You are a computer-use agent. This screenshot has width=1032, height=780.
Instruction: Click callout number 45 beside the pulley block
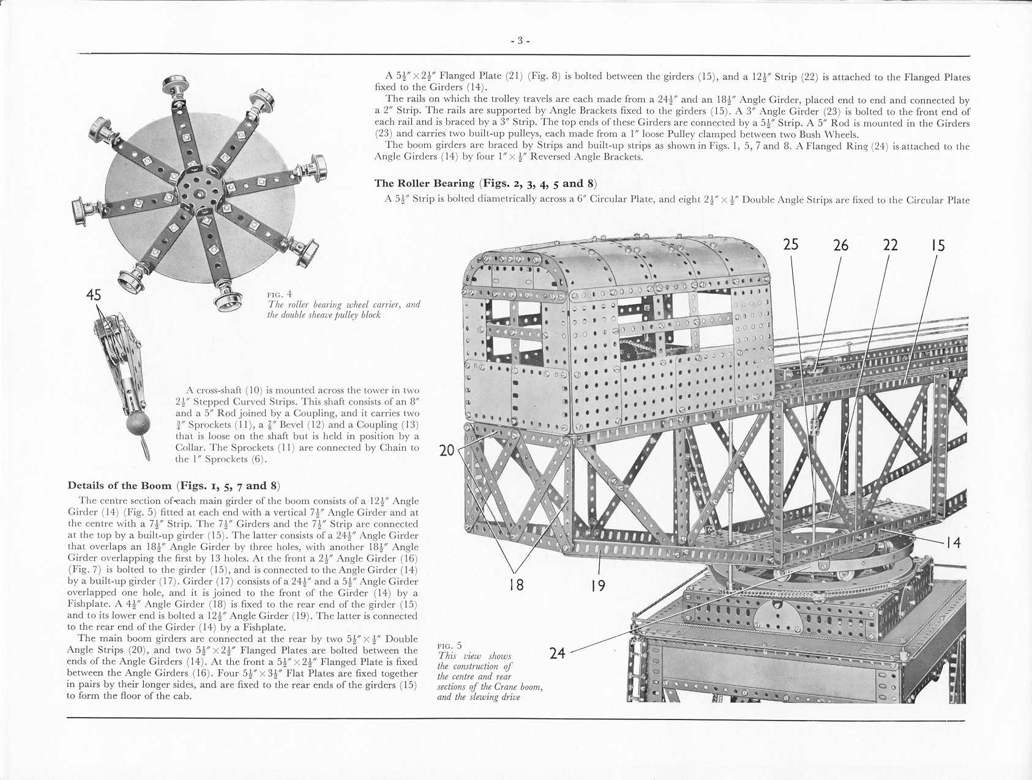click(x=93, y=295)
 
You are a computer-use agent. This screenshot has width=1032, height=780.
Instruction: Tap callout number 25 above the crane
click(x=791, y=245)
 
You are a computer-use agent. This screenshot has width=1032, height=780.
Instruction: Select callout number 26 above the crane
click(x=840, y=245)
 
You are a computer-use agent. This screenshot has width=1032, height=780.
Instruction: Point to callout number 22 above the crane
click(x=890, y=245)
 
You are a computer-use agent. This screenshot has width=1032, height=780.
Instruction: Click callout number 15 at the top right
click(x=938, y=245)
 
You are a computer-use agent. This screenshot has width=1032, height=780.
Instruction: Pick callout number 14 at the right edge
click(x=953, y=542)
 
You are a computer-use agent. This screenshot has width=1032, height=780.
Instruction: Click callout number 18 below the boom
click(x=517, y=585)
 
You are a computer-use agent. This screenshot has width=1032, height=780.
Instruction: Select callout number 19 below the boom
click(x=598, y=586)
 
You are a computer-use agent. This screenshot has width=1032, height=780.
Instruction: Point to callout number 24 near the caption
click(x=557, y=653)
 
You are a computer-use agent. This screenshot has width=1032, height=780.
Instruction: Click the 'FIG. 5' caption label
click(x=450, y=645)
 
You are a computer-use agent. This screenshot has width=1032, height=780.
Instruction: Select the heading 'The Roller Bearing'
click(x=425, y=184)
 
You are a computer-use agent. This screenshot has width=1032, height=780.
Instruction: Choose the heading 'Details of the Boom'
click(x=119, y=486)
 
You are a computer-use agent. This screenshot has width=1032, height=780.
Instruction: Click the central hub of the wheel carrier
click(x=199, y=195)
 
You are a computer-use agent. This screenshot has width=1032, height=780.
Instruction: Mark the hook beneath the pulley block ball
click(x=146, y=448)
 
